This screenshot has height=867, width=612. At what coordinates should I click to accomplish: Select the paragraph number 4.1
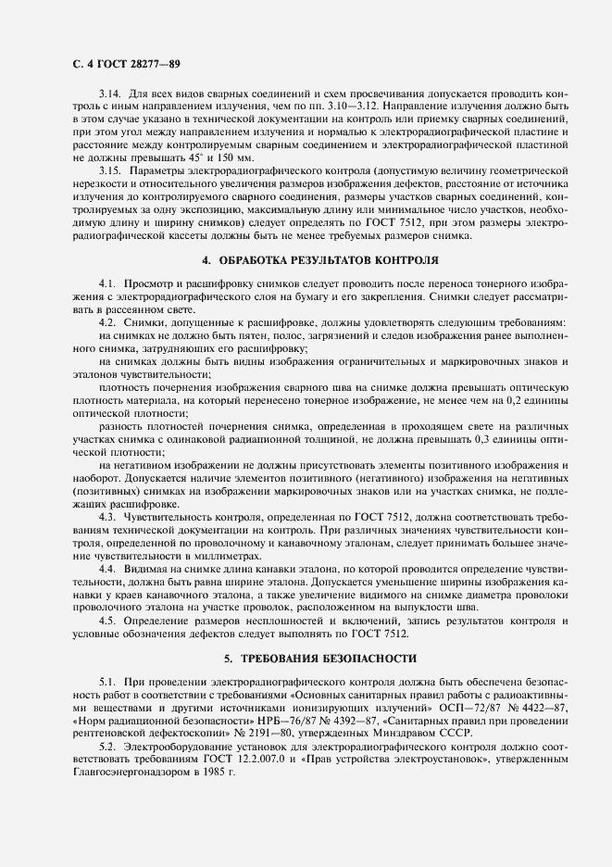[x=106, y=281]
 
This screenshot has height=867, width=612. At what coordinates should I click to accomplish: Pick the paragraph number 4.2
[x=106, y=320]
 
